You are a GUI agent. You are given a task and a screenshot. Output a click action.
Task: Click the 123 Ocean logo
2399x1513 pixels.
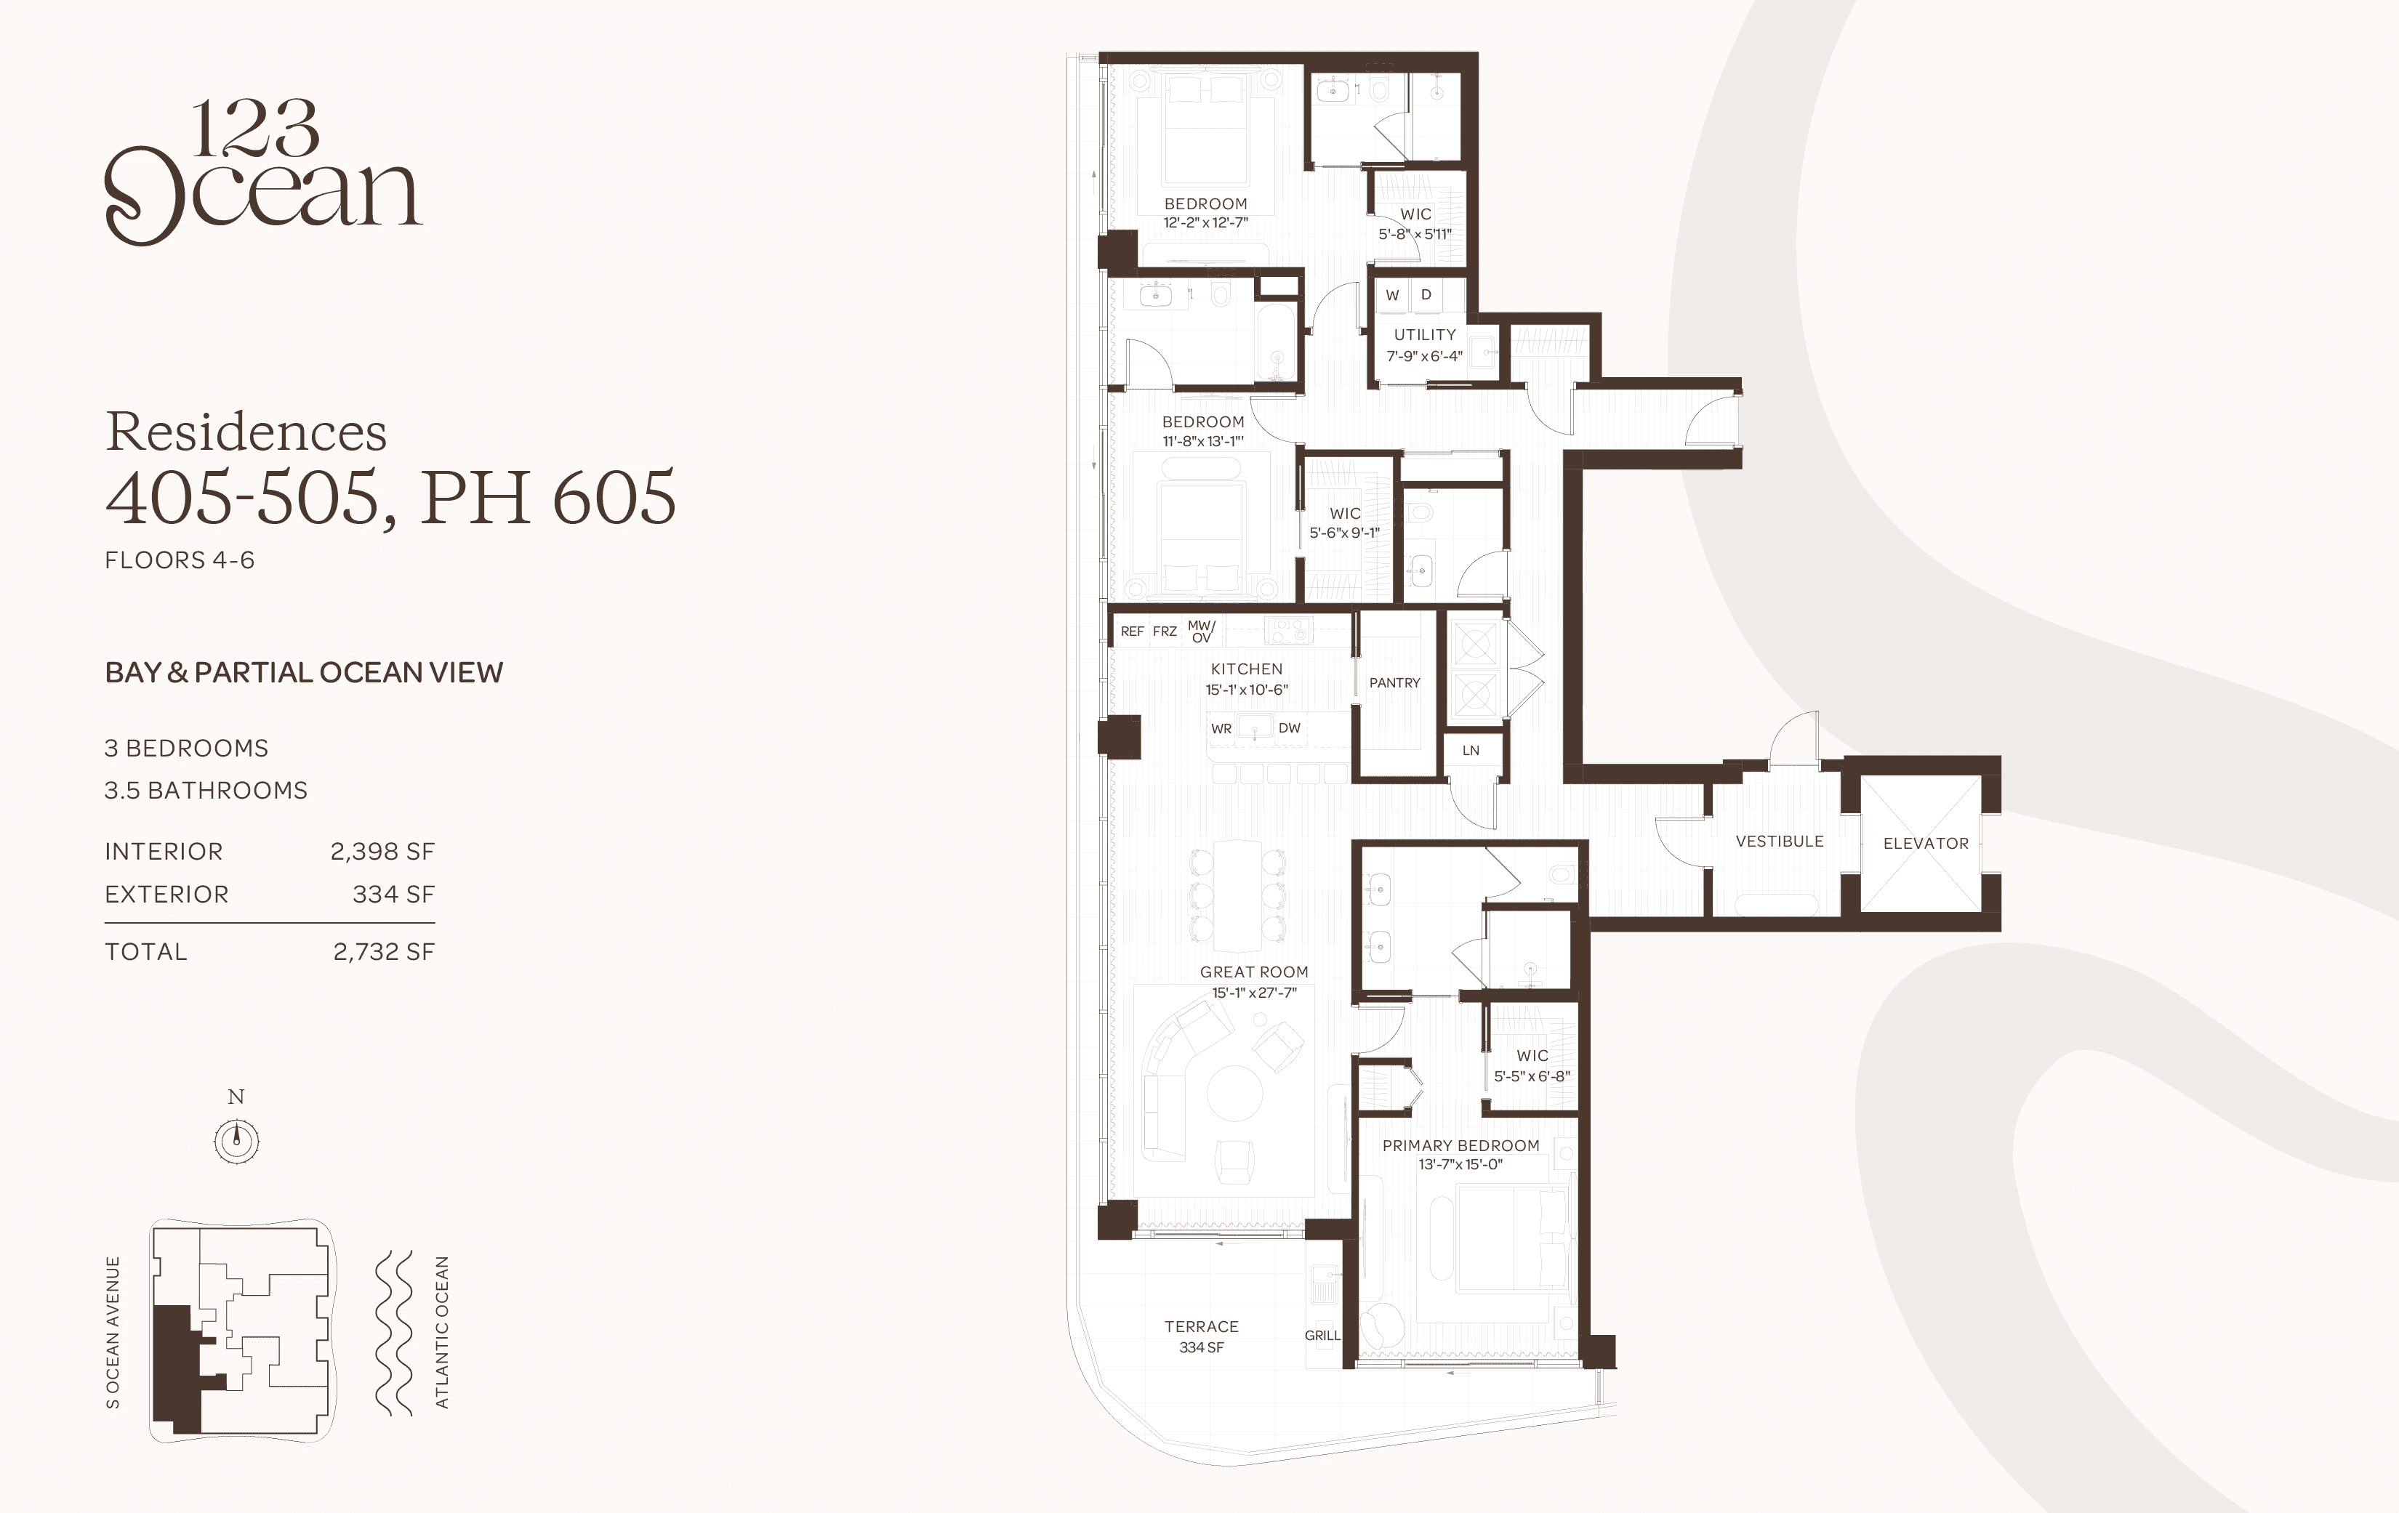pyautogui.click(x=263, y=172)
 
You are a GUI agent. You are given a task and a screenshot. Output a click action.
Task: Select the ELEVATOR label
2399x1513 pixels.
pyautogui.click(x=1926, y=843)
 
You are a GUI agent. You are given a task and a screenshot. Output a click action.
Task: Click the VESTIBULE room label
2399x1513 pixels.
pyautogui.click(x=1780, y=841)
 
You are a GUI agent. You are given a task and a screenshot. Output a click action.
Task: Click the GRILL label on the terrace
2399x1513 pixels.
pyautogui.click(x=1322, y=1335)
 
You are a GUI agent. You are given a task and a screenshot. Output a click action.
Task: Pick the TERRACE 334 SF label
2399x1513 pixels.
pyautogui.click(x=1202, y=1336)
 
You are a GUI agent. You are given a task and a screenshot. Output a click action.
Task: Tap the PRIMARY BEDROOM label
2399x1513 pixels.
pyautogui.click(x=1460, y=1145)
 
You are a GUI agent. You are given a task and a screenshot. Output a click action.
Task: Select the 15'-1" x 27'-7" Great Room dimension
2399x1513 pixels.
pyautogui.click(x=1254, y=992)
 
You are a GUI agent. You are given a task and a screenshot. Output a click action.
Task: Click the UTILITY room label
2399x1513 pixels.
pyautogui.click(x=1425, y=335)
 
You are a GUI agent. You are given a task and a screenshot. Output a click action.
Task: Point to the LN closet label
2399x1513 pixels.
pyautogui.click(x=1471, y=750)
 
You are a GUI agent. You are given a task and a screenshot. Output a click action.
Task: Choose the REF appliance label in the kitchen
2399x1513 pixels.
pyautogui.click(x=1132, y=631)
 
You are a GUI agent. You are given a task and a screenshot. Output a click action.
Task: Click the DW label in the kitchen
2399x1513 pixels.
pyautogui.click(x=1289, y=727)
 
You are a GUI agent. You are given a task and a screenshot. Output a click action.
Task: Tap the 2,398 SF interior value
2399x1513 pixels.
pyautogui.click(x=382, y=852)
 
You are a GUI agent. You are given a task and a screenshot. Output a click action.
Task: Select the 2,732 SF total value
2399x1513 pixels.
pyautogui.click(x=384, y=951)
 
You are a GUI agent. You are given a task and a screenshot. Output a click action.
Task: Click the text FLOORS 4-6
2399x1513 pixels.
pyautogui.click(x=180, y=560)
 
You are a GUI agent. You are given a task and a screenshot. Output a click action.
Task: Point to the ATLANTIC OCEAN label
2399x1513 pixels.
pyautogui.click(x=442, y=1332)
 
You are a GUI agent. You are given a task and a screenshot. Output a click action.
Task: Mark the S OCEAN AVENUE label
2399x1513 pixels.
pyautogui.click(x=113, y=1332)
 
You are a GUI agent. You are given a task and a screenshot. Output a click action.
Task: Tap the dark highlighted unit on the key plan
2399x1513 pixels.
pyautogui.click(x=177, y=1368)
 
